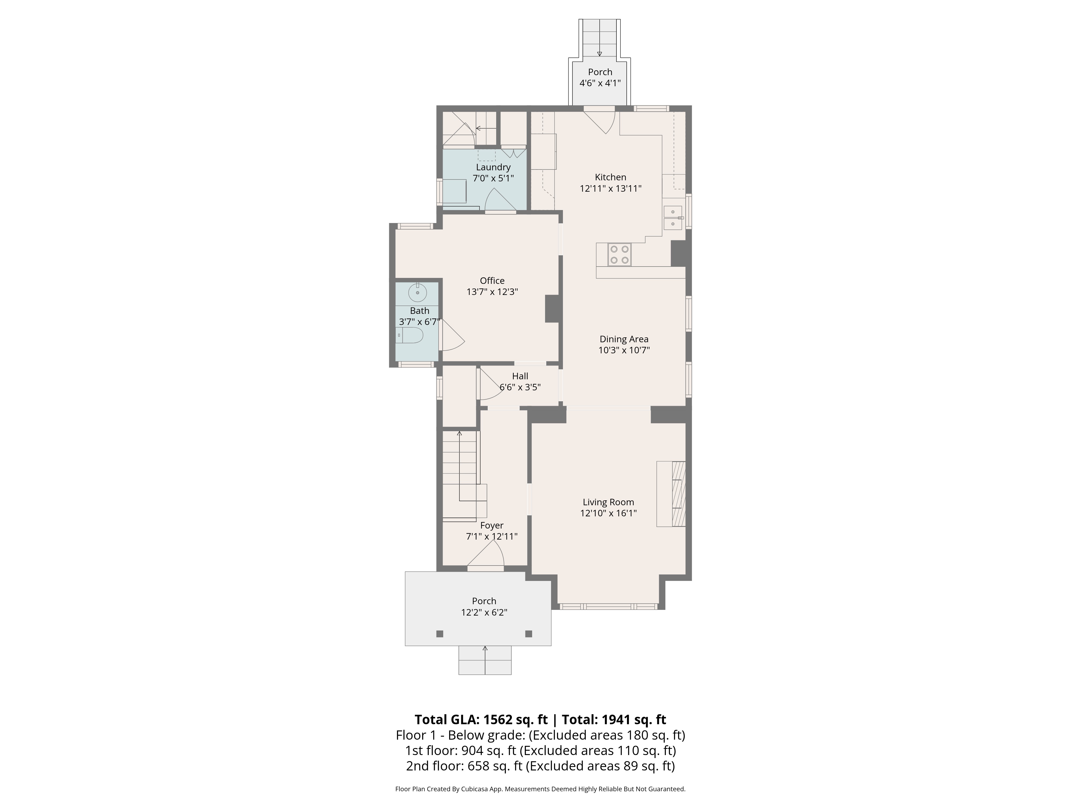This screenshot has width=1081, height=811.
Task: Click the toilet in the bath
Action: pos(409,335)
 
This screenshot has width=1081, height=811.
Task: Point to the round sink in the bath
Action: pos(417,293)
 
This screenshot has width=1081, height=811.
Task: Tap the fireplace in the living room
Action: pos(671,494)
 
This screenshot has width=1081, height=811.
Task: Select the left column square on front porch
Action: pos(439,634)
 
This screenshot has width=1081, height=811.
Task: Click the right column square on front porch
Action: pos(528,634)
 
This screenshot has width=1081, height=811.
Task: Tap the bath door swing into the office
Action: pos(451,337)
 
